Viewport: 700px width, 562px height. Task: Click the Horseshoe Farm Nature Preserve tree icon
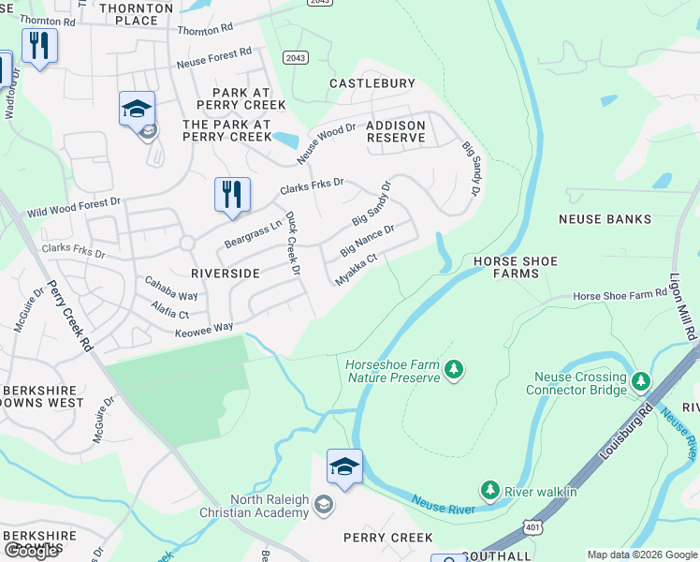tap(454, 369)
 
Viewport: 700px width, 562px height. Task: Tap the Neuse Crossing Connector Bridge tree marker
tap(641, 381)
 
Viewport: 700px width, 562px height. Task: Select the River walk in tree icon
tap(489, 490)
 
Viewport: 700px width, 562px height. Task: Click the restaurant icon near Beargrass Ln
tap(232, 196)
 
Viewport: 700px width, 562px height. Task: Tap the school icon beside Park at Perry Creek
tap(137, 110)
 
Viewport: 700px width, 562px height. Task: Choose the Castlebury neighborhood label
tap(372, 83)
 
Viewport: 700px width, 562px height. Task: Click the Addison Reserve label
tap(396, 131)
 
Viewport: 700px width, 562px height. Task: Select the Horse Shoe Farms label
tap(515, 267)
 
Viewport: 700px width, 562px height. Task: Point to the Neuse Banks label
tap(605, 219)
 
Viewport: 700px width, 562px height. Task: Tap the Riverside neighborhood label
tap(225, 273)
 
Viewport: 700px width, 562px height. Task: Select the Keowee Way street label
tap(202, 328)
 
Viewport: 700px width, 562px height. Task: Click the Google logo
tap(31, 551)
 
